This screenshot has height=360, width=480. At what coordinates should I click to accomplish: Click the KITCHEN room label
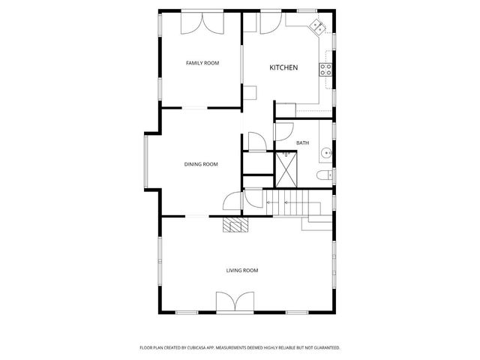coord(283,68)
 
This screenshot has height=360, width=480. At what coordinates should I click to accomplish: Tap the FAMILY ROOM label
coord(202,63)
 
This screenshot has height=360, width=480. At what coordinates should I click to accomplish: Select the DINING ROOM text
coord(201,164)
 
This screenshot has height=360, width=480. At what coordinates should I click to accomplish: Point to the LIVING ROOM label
coord(242,270)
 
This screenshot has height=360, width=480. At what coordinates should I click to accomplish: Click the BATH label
coord(302,142)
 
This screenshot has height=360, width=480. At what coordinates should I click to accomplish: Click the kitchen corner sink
coord(318,28)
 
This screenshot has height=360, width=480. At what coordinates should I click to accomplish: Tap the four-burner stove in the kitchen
coord(326,69)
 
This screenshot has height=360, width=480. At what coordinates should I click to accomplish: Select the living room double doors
coord(232,303)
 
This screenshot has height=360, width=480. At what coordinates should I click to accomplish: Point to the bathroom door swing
coord(283,131)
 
